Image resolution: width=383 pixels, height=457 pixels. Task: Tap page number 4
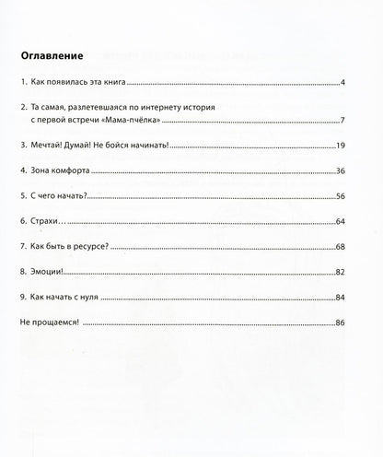point(342,84)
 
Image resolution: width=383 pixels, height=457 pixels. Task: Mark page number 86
point(340,324)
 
